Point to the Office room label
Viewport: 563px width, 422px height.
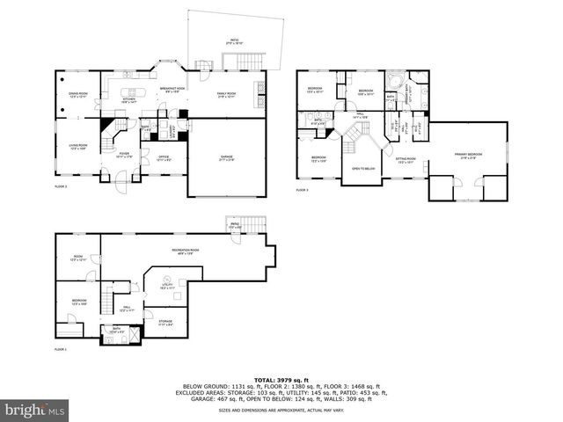(x=164, y=159)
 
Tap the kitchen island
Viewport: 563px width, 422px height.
(x=134, y=91)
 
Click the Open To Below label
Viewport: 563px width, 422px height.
(x=363, y=168)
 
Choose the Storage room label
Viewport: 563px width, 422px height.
(x=165, y=323)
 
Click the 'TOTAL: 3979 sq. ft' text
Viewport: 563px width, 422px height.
(x=281, y=379)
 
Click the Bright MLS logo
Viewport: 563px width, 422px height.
(x=33, y=410)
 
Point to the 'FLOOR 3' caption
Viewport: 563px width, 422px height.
(x=302, y=190)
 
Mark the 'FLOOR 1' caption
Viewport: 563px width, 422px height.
(x=60, y=350)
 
